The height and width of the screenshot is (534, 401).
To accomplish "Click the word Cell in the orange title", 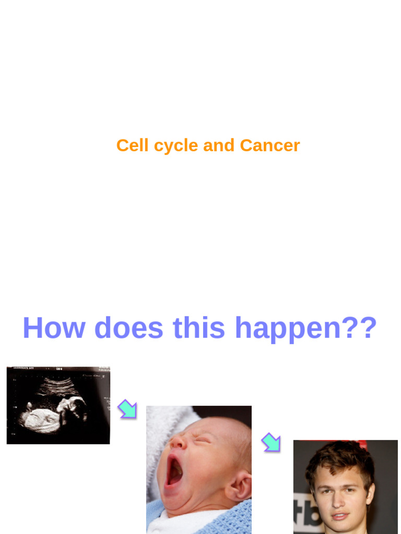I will [132, 145].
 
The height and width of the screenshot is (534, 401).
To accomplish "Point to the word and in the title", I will [219, 145].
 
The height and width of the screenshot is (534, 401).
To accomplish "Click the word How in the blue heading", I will [54, 328].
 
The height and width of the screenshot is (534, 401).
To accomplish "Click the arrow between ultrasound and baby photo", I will [127, 409].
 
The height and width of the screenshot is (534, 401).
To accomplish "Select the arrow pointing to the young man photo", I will [271, 442].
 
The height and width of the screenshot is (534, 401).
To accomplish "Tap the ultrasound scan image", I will [58, 405].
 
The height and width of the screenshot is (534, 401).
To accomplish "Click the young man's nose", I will [338, 501].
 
